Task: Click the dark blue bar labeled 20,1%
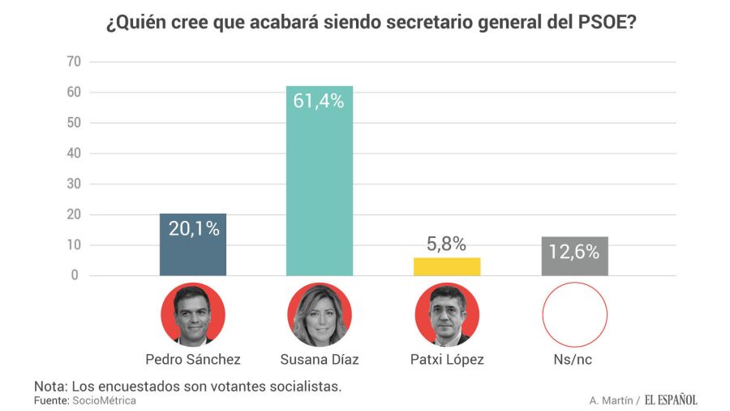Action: [193, 244]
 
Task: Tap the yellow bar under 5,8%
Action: [447, 266]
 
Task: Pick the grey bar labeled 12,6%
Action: [575, 257]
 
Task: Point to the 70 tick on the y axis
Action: [73, 62]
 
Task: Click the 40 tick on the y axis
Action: [73, 154]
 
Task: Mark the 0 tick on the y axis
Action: [75, 275]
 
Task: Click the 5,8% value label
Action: [447, 244]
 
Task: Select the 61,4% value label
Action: [320, 102]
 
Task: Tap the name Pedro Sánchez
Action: [193, 359]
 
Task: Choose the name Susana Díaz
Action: [320, 359]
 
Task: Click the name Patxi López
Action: [447, 359]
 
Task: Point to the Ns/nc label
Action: [575, 359]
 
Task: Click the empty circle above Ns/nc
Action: [575, 315]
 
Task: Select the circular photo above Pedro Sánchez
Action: [193, 315]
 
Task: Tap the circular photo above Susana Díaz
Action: [320, 315]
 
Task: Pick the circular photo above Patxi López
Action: [447, 315]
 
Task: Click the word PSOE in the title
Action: [595, 23]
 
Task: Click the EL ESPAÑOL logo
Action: [671, 400]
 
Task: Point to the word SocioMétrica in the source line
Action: [104, 401]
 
